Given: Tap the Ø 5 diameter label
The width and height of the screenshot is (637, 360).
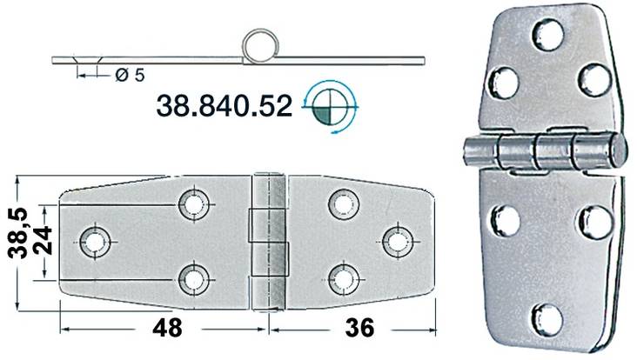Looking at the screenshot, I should [128, 76].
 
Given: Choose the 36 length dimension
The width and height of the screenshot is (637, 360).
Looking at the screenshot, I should [359, 328].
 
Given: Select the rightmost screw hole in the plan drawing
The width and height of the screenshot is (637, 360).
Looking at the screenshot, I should [398, 239].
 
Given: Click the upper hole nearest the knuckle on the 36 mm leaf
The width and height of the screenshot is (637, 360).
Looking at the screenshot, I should [343, 203].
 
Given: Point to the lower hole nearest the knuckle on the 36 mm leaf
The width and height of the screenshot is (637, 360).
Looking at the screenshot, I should [343, 277].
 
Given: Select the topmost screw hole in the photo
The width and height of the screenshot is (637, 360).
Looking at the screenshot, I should [548, 35].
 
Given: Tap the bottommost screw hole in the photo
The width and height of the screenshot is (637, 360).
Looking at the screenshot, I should [547, 317].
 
